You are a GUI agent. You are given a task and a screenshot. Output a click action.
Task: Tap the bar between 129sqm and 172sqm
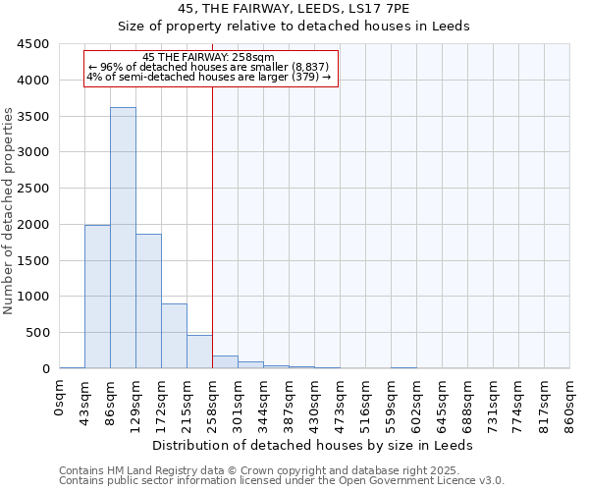click(148, 300)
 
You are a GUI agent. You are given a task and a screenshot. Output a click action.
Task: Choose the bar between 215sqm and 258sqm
click(199, 352)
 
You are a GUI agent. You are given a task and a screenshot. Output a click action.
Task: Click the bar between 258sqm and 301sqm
click(225, 361)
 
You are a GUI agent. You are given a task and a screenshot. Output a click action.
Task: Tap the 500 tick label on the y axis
click(37, 333)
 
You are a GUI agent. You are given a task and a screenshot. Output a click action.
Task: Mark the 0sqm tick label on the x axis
click(60, 395)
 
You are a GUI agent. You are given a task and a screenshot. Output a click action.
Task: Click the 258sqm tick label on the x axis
click(213, 401)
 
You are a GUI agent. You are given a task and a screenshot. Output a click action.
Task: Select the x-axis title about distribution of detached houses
click(314, 445)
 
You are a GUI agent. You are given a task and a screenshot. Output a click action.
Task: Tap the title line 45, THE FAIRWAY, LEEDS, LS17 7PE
click(294, 9)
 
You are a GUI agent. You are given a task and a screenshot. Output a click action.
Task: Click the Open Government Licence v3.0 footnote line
click(282, 481)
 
